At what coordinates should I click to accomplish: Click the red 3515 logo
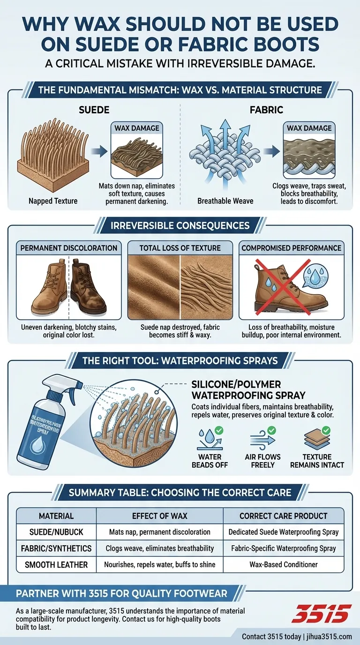(321, 613)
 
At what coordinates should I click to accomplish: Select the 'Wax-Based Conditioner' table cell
(283, 564)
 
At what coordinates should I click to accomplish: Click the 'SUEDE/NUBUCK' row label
(56, 532)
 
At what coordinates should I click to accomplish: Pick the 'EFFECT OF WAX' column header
(159, 516)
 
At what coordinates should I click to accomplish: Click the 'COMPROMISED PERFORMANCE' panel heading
(292, 248)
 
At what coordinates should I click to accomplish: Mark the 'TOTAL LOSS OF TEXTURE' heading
(180, 248)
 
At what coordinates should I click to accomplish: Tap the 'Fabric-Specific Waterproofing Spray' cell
(283, 548)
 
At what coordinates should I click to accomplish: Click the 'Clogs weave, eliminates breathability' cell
(159, 548)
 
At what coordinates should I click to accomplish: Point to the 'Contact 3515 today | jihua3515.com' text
(296, 636)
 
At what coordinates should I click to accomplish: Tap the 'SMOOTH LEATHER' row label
(56, 564)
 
